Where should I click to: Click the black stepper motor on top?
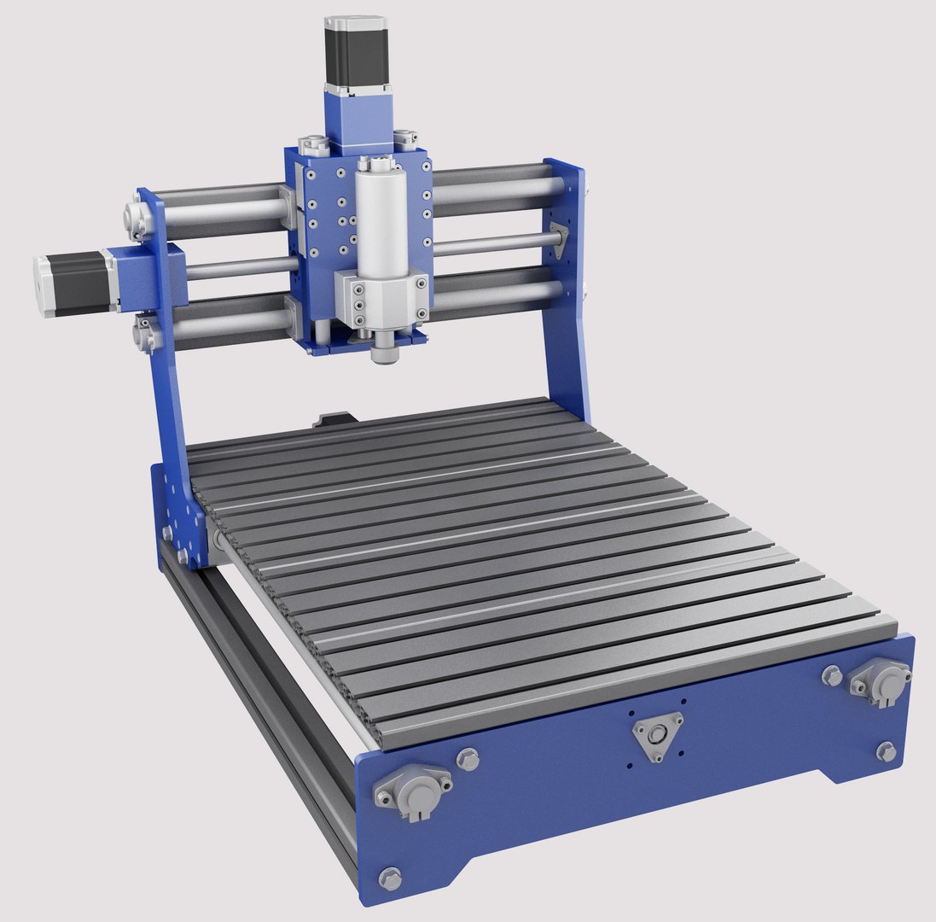357,52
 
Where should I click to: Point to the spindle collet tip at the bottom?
385,351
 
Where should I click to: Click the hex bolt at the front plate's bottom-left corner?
390,877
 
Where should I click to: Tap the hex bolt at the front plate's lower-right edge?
886,751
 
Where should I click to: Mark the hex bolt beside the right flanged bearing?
831,675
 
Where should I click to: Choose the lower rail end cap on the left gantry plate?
144,332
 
